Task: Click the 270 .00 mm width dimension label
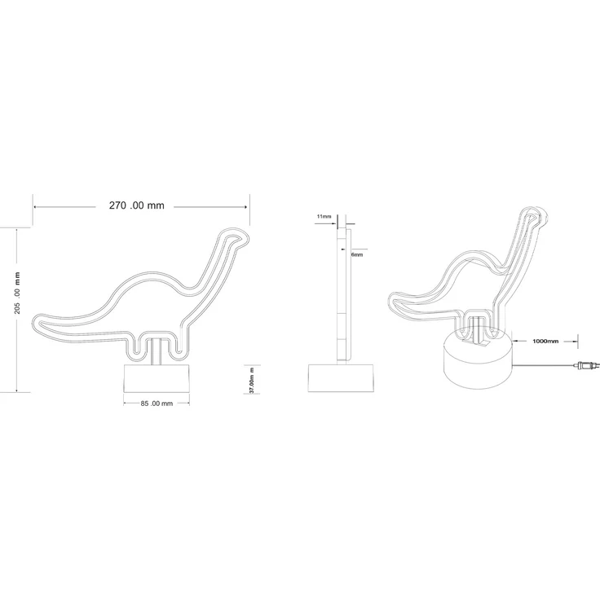click(137, 205)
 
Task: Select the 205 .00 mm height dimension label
click(17, 293)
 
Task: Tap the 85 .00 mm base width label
click(157, 404)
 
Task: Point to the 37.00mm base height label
click(252, 381)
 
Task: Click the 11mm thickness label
click(324, 217)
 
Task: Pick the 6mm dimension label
click(357, 254)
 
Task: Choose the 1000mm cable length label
click(545, 341)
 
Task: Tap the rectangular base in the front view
click(157, 378)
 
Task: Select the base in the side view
click(342, 378)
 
